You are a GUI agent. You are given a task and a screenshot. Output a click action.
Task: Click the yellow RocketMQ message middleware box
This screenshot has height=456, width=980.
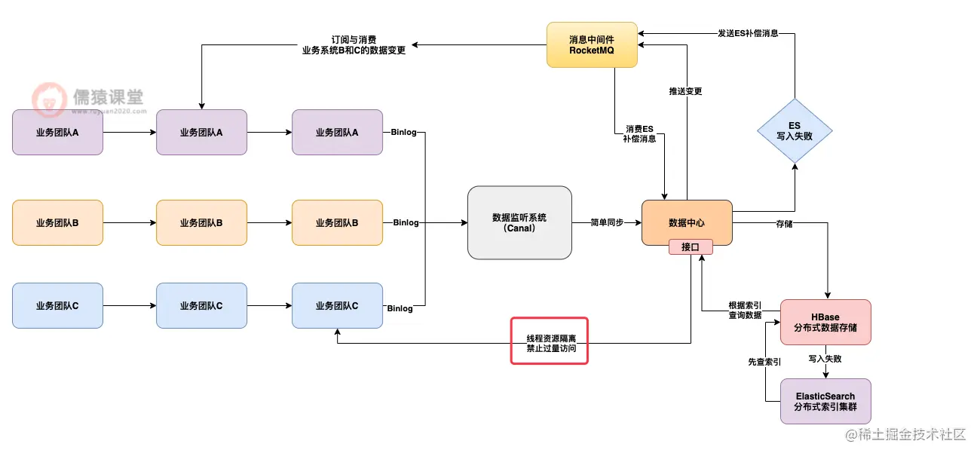[593, 45]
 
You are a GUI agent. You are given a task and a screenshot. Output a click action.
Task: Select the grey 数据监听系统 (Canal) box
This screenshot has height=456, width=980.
[519, 223]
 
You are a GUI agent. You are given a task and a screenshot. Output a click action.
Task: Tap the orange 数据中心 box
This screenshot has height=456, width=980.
[687, 222]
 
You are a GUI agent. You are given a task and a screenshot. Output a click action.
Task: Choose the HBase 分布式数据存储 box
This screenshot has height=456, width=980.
[825, 323]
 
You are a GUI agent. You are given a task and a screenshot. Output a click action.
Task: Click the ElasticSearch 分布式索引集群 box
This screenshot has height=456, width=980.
[825, 401]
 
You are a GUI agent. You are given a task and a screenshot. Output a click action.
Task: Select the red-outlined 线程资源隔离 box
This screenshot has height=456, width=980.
[549, 341]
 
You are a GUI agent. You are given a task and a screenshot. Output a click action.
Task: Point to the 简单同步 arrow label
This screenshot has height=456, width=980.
[607, 223]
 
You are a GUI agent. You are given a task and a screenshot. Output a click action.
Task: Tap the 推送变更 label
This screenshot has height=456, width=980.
[685, 91]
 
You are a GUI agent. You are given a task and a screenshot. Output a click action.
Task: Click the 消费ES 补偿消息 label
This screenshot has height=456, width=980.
[639, 133]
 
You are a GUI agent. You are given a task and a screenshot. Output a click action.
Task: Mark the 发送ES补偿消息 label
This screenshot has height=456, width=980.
[748, 33]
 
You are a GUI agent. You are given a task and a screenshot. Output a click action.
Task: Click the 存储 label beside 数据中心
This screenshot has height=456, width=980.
[784, 223]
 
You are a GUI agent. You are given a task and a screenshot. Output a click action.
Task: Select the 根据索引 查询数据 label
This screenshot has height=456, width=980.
[745, 310]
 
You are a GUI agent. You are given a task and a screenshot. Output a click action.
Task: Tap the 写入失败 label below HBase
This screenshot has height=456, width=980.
[825, 359]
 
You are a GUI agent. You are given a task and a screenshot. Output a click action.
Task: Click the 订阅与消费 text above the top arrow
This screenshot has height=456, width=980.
[354, 39]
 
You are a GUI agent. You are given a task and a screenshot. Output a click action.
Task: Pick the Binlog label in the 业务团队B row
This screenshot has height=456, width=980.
[405, 223]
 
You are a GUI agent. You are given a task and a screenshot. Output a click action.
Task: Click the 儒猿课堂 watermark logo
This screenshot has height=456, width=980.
[87, 99]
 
